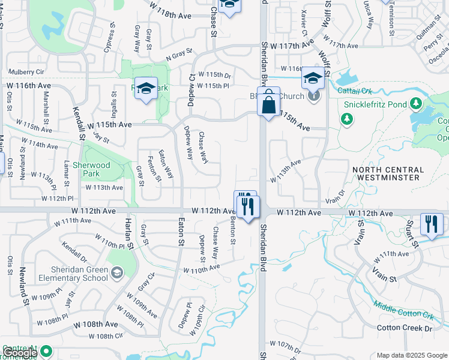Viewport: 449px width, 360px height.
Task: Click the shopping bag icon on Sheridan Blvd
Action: pos(269,104)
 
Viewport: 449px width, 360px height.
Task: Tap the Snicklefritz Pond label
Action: pos(376,104)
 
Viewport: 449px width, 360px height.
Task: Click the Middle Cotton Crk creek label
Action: pos(402,309)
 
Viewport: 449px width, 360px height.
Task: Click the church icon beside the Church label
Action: pos(313,95)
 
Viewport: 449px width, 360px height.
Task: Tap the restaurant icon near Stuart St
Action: pos(432,225)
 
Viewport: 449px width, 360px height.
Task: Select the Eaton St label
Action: pos(179,234)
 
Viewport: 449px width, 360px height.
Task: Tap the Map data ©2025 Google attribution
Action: pos(411,355)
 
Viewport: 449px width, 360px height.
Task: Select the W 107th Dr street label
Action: pos(285,346)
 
